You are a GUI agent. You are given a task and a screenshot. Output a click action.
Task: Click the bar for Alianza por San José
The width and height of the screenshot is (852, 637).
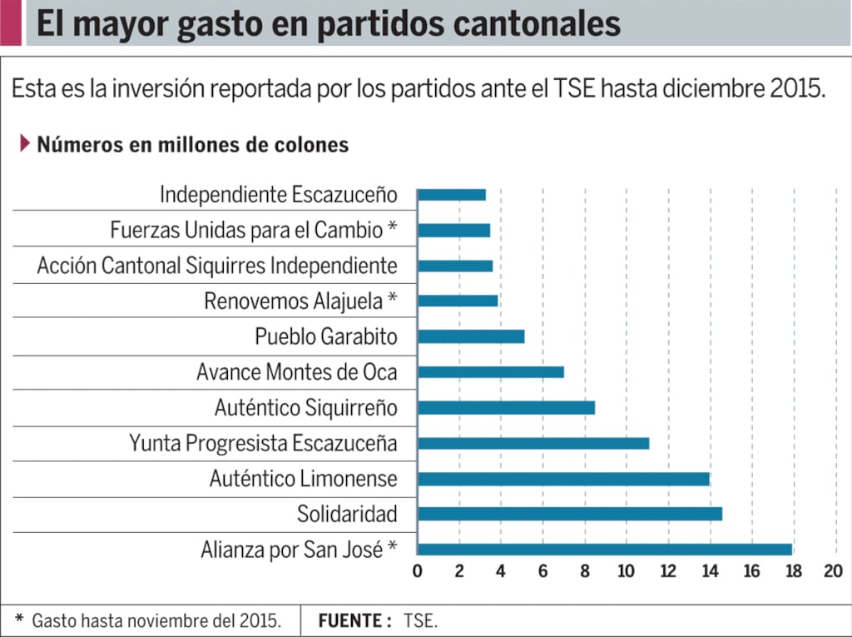click(x=604, y=550)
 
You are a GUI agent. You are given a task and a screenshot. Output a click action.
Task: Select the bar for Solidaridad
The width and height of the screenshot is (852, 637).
click(x=569, y=514)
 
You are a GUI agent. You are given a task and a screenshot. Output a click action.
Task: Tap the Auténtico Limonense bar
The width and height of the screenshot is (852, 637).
click(x=563, y=479)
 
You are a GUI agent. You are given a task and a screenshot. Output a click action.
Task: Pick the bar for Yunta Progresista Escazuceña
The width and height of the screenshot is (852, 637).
click(x=532, y=443)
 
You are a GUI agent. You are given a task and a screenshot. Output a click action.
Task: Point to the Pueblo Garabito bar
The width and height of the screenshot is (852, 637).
click(x=470, y=336)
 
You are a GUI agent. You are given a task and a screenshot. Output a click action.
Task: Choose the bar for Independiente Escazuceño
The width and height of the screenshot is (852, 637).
click(x=451, y=195)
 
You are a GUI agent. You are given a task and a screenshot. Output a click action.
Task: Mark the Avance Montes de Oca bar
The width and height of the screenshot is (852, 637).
click(x=490, y=372)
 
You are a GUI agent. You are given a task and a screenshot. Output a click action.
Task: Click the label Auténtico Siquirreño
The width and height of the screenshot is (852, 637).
click(x=305, y=408)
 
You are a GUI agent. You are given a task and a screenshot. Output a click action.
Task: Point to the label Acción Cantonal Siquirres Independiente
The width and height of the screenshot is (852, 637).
click(x=217, y=266)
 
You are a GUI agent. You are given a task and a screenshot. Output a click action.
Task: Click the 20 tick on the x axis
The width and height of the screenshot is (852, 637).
click(x=833, y=571)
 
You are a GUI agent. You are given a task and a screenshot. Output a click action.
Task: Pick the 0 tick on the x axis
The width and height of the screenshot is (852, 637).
click(x=418, y=571)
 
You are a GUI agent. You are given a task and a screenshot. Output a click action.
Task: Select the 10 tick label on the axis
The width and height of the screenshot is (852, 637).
click(x=625, y=571)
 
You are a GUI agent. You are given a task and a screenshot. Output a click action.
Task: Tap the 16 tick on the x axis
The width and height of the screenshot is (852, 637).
click(x=751, y=571)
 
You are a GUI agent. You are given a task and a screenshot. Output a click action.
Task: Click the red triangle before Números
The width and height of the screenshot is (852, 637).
click(x=25, y=143)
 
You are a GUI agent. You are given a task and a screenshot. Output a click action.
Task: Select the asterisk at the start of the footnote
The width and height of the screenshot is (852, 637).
click(x=19, y=620)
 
